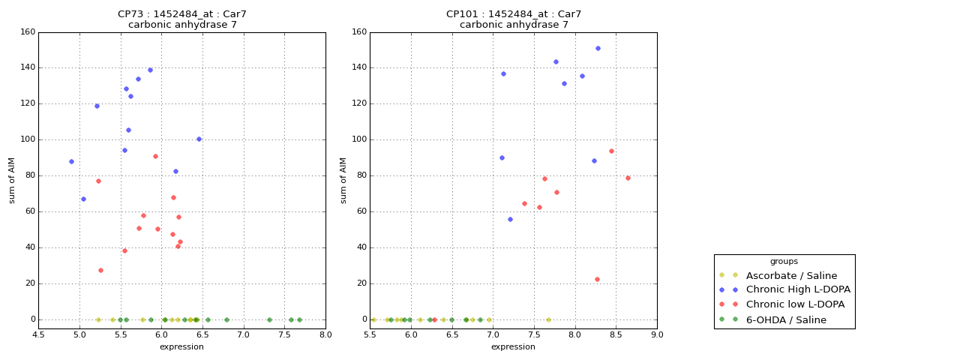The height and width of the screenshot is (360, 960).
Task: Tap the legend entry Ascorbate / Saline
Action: pyautogui.click(x=779, y=276)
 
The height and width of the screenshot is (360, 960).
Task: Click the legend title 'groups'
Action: pyautogui.click(x=784, y=262)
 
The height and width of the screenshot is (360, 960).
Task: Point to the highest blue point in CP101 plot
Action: pyautogui.click(x=598, y=49)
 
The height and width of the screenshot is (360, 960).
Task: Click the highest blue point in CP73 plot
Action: pyautogui.click(x=150, y=70)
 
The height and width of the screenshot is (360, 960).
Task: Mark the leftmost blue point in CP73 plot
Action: pyautogui.click(x=71, y=162)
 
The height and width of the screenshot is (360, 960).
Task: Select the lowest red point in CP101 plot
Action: pyautogui.click(x=597, y=280)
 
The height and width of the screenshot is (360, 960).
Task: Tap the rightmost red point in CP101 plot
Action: pyautogui.click(x=628, y=178)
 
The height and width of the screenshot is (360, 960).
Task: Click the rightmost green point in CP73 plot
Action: pyautogui.click(x=299, y=319)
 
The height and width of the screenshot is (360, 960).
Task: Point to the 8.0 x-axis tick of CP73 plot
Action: pyautogui.click(x=325, y=334)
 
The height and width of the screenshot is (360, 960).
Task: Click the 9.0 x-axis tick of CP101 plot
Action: pyautogui.click(x=656, y=334)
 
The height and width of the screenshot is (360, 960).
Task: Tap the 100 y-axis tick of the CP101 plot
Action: pyautogui.click(x=358, y=139)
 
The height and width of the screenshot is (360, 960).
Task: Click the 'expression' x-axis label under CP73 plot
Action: pyautogui.click(x=181, y=347)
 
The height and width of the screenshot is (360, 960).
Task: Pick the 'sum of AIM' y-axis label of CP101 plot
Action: pyautogui.click(x=343, y=180)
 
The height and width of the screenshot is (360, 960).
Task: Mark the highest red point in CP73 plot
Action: pyautogui.click(x=155, y=157)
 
